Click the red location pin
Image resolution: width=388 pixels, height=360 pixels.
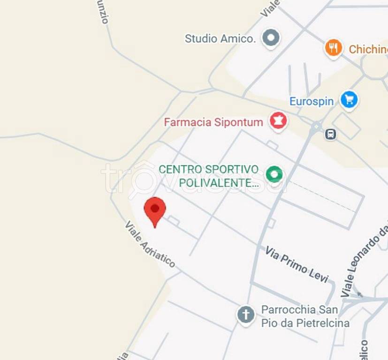click(155, 210)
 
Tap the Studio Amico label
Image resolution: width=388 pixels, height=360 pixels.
click(220, 38)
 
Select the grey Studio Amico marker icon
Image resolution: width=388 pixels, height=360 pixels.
click(271, 38)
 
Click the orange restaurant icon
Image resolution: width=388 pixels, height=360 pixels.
click(334, 48)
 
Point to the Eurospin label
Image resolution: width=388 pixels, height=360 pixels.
click(311, 101)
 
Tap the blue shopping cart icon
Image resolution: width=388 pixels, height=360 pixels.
click(349, 99)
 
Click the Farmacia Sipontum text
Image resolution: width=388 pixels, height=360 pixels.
click(213, 122)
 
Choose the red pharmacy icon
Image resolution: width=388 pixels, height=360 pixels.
click(278, 121)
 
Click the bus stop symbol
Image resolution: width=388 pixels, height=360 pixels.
click(331, 135)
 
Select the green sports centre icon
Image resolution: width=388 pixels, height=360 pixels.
click(274, 175)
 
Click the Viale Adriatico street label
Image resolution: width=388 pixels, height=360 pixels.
click(150, 244)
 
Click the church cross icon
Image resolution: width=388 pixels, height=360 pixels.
click(245, 315)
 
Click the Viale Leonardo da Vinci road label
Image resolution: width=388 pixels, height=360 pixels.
click(365, 261)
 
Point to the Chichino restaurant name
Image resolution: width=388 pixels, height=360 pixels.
click(368, 49)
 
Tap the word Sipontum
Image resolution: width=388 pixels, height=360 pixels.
click(238, 122)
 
